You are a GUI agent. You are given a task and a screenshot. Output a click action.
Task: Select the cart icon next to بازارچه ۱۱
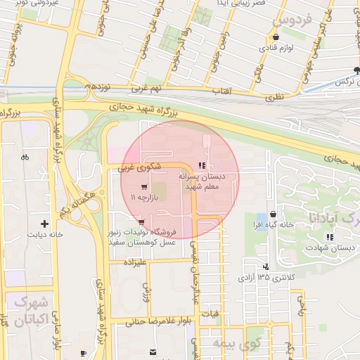pos(144,187)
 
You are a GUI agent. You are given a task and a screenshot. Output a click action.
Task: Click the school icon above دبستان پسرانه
pos(202,165)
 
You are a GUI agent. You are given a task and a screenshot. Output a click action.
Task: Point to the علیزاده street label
pos(134,262)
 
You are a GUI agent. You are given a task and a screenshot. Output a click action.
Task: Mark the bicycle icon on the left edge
pos(25,157)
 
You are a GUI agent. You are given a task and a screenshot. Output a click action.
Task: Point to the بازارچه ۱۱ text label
pos(151,199)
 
